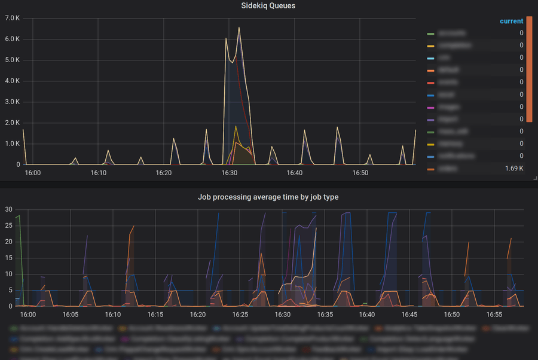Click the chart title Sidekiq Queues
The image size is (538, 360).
tap(268, 5)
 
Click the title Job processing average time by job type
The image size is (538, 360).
tap(268, 197)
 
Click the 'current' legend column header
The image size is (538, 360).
tap(511, 21)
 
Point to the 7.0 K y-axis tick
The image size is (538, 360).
tap(13, 18)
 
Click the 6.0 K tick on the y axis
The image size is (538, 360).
tap(13, 39)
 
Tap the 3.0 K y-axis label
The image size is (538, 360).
tap(13, 102)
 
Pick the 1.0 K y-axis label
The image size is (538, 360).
tap(13, 144)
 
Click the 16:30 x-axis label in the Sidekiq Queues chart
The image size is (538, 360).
tap(230, 173)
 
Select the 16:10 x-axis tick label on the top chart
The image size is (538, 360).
tap(99, 173)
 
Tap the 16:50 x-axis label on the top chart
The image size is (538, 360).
tap(360, 173)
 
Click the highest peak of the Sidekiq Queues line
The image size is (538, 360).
tap(239, 27)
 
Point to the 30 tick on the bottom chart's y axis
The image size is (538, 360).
tap(8, 209)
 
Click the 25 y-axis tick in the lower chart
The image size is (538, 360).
tap(8, 225)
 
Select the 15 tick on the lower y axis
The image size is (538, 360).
tap(8, 258)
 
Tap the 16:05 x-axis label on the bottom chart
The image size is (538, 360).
tap(71, 314)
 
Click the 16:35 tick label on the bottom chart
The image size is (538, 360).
tap(325, 314)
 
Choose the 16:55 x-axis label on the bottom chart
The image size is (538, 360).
tap(494, 314)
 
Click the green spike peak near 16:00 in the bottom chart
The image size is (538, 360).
tap(20, 215)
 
